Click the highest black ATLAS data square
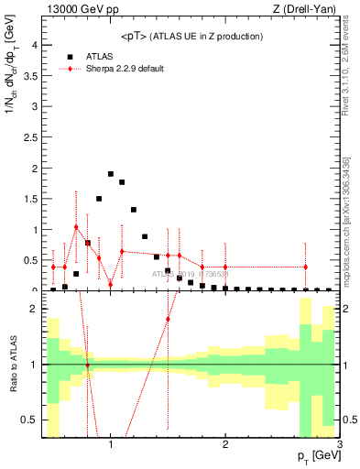pyautogui.click(x=111, y=174)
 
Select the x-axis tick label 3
pyautogui.click(x=340, y=444)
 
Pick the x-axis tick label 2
pyautogui.click(x=225, y=444)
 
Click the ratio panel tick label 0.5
pyautogui.click(x=29, y=420)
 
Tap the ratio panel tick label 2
pyautogui.click(x=33, y=309)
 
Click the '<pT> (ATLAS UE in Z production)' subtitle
pyautogui.click(x=191, y=36)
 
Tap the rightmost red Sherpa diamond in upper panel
pyautogui.click(x=306, y=267)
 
